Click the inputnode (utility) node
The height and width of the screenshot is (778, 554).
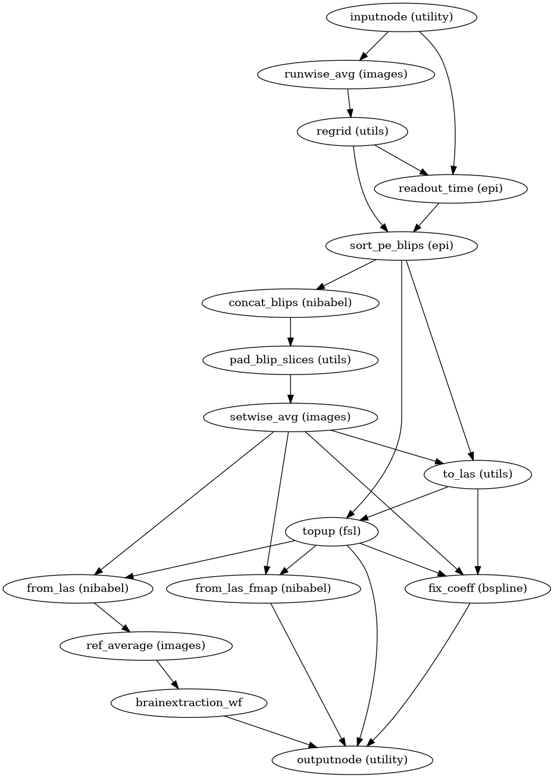[402, 17]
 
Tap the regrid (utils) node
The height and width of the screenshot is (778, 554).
[353, 131]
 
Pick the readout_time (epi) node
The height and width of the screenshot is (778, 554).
[451, 189]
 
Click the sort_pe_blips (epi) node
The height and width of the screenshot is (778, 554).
[402, 245]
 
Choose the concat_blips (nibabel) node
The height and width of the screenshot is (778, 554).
[290, 302]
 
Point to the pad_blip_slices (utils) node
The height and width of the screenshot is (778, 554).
[290, 360]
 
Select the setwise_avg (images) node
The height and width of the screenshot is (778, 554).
[290, 417]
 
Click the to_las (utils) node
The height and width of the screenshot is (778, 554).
[478, 474]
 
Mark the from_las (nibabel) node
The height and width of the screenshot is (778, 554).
[77, 588]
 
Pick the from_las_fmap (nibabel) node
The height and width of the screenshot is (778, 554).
[263, 588]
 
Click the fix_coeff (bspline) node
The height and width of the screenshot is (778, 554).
[478, 588]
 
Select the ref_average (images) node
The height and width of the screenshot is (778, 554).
[146, 645]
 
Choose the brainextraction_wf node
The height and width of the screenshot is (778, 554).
[189, 702]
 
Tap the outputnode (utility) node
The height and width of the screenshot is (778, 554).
[352, 760]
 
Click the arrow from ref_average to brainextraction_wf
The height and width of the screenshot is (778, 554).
[167, 674]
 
